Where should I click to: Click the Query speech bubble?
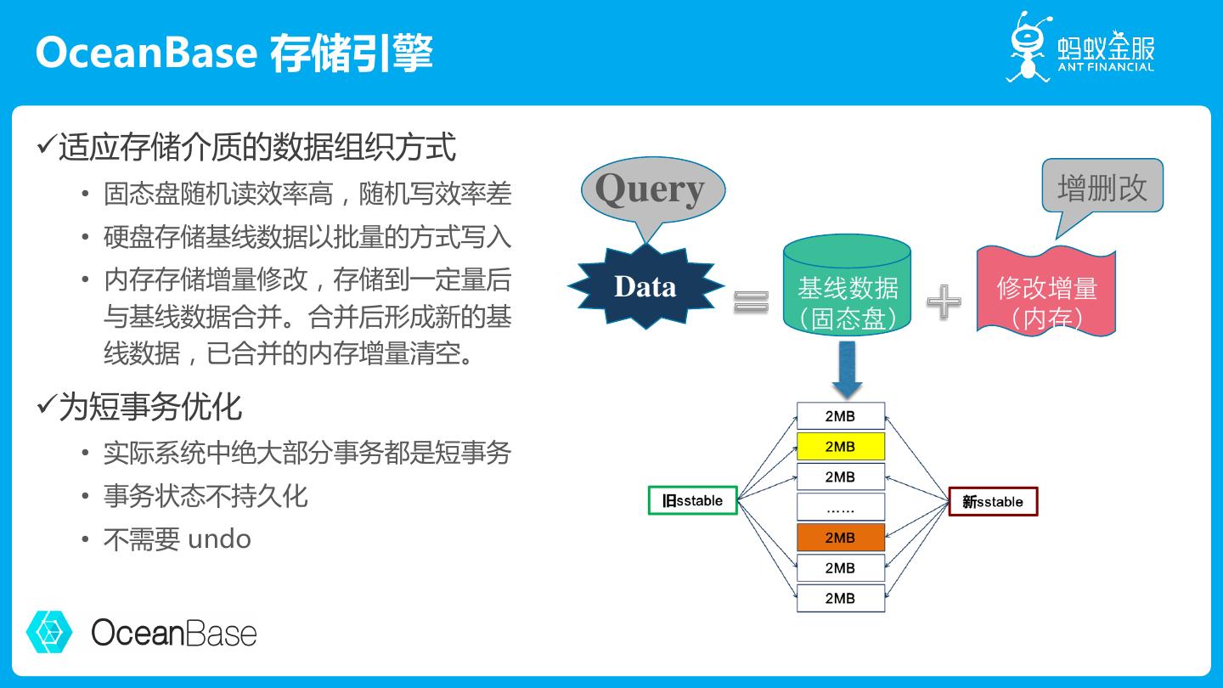(x=651, y=189)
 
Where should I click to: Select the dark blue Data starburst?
(x=645, y=286)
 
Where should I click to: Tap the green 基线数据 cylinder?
(x=847, y=289)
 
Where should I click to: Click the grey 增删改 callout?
(x=1102, y=187)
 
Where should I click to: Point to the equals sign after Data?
(x=751, y=301)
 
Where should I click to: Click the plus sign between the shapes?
(x=944, y=302)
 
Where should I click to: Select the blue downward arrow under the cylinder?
(x=847, y=369)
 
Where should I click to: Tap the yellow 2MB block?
(x=840, y=447)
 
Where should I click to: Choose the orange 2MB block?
(x=840, y=538)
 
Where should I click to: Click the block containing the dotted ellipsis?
(x=840, y=507)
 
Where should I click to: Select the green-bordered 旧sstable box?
(x=692, y=501)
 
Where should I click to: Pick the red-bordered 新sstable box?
(x=993, y=502)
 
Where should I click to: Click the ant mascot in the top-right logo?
(x=1029, y=47)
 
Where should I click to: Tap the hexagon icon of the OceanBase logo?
(x=49, y=631)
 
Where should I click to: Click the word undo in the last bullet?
(x=219, y=539)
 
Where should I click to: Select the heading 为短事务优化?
(x=150, y=407)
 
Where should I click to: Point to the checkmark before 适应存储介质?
(x=46, y=145)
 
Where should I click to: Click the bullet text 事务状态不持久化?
(x=206, y=496)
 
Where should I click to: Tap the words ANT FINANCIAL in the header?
(x=1106, y=67)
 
